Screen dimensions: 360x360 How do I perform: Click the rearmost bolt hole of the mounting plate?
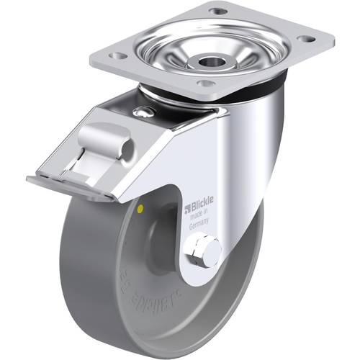[217, 12]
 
